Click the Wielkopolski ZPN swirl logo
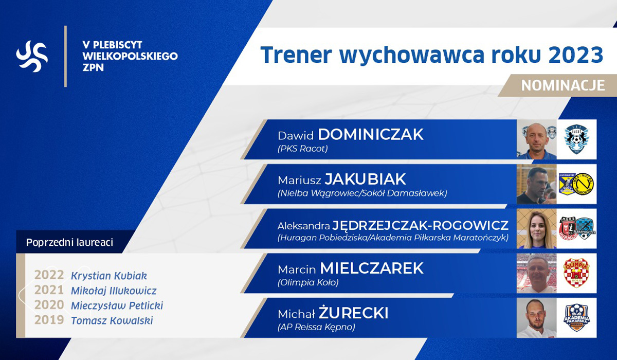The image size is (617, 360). point(32,56)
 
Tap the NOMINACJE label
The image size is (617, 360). point(562,86)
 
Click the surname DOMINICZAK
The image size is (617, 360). point(371,134)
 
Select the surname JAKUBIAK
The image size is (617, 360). point(365,179)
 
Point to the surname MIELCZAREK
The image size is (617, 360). point(372,268)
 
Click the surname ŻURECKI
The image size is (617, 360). point(353,312)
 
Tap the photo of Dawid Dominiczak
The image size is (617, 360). point(537,139)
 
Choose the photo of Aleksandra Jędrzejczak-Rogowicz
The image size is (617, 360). point(537,229)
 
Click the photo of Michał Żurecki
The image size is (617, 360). point(537,318)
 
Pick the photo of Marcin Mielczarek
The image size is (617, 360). point(537,273)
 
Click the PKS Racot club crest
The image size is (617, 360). point(576,139)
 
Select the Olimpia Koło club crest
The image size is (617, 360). point(576,273)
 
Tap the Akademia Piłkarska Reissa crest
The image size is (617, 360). point(576,318)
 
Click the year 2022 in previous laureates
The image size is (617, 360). point(49,275)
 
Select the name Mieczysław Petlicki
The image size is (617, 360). point(117,305)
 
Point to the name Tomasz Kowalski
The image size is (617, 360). point(112,320)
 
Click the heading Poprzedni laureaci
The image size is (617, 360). point(70,242)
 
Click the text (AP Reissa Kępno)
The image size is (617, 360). point(316,327)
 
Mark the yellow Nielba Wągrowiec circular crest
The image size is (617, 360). point(583,184)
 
